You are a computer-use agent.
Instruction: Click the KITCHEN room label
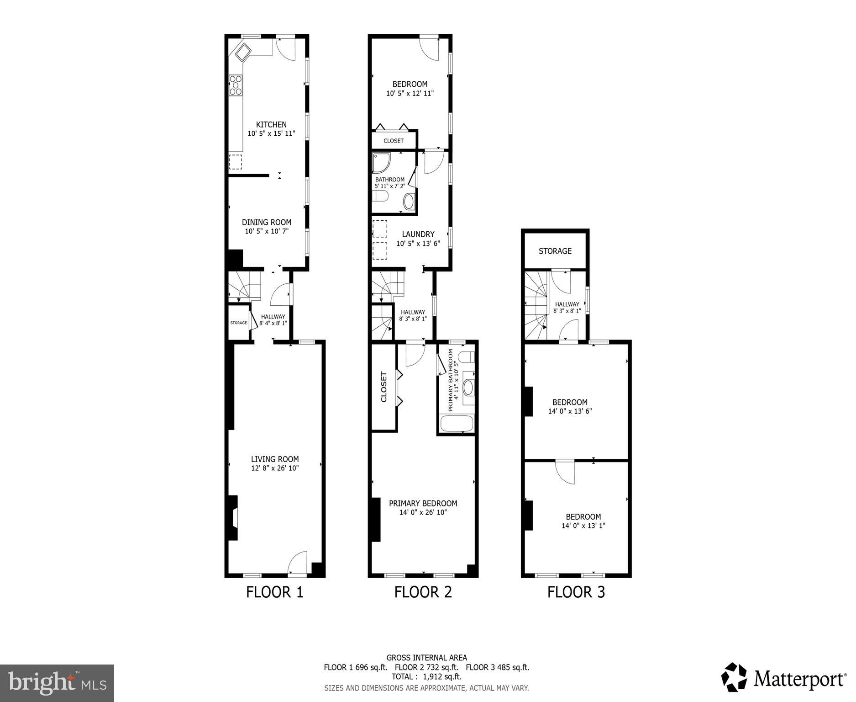pyautogui.click(x=271, y=124)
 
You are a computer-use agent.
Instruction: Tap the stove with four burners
pyautogui.click(x=236, y=85)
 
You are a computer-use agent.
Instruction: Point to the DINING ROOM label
pyautogui.click(x=267, y=222)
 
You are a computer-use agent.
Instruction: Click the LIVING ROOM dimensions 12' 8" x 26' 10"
pyautogui.click(x=275, y=468)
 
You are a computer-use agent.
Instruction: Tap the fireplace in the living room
pyautogui.click(x=233, y=518)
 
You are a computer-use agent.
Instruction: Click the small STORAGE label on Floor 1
pyautogui.click(x=238, y=323)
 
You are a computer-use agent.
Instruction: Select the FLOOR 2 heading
pyautogui.click(x=423, y=592)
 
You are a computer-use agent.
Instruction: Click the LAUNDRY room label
pyautogui.click(x=418, y=234)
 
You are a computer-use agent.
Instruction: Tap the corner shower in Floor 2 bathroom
pyautogui.click(x=381, y=163)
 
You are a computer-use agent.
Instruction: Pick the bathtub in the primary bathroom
pyautogui.click(x=456, y=424)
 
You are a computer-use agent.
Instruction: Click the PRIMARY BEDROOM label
pyautogui.click(x=423, y=503)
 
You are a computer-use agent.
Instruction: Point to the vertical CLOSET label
pyautogui.click(x=384, y=387)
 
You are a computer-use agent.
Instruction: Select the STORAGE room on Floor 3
pyautogui.click(x=555, y=251)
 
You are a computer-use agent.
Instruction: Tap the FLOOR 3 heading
pyautogui.click(x=576, y=592)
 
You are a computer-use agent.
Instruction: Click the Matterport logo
pyautogui.click(x=783, y=679)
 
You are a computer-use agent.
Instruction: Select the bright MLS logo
pyautogui.click(x=57, y=683)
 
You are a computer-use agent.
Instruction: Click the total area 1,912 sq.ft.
pyautogui.click(x=426, y=676)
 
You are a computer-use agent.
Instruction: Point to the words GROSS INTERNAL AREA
pyautogui.click(x=426, y=658)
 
